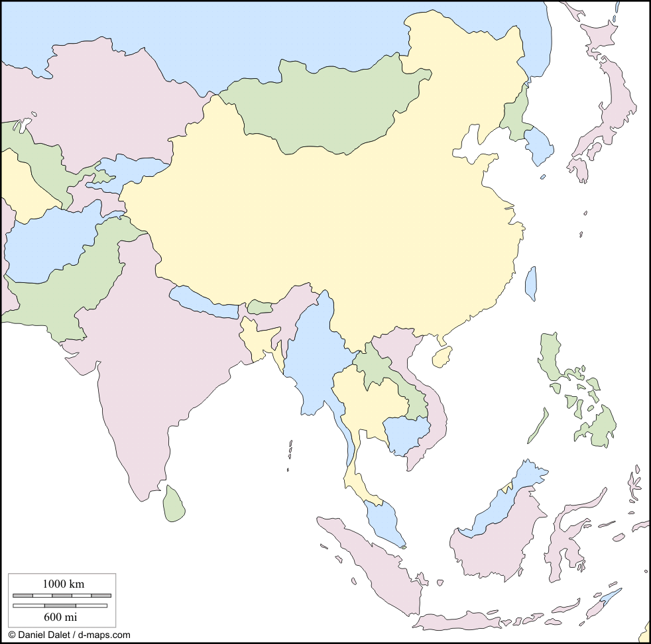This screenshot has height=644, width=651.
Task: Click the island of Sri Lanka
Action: click(174, 504)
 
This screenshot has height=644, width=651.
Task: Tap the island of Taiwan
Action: click(530, 283)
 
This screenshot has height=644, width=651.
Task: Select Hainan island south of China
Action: click(442, 357)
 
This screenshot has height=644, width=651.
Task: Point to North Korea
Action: click(515, 116)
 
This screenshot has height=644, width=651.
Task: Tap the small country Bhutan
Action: click(260, 307)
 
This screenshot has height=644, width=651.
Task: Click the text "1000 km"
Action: click(63, 584)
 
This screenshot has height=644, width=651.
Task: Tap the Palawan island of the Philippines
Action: click(538, 425)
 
